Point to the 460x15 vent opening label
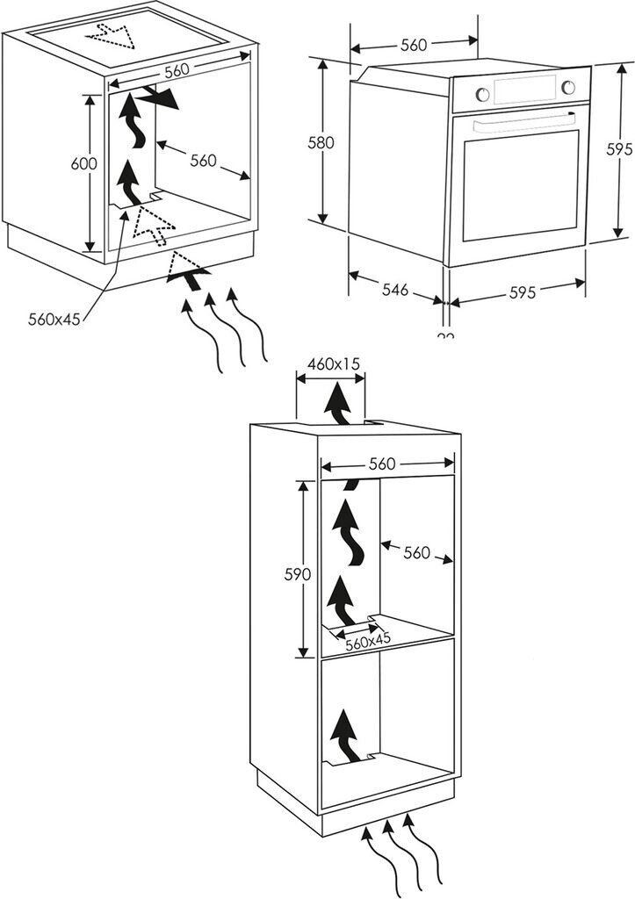[334, 363]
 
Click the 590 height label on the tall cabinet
[298, 575]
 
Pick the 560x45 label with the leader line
[54, 319]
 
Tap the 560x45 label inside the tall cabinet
[367, 642]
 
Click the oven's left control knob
[480, 91]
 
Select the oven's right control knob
[568, 86]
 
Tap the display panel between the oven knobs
[524, 88]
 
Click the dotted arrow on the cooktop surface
[112, 35]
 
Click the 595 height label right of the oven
[620, 149]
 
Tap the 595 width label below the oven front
[522, 292]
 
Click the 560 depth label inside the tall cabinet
[416, 552]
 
